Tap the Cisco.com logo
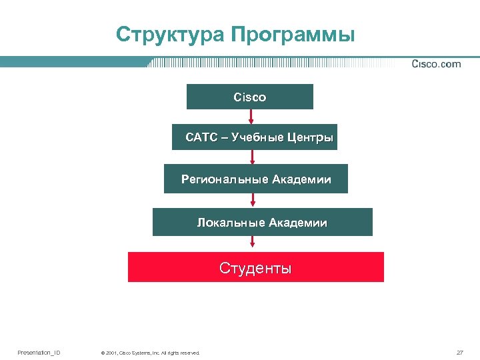[x=436, y=64]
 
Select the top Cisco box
[x=249, y=97]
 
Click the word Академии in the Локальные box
[x=298, y=222]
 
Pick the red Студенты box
[x=256, y=267]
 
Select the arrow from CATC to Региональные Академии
[x=253, y=157]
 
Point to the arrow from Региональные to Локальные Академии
[x=253, y=200]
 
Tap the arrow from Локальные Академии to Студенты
[x=253, y=243]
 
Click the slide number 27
[x=459, y=352]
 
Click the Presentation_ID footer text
[x=39, y=352]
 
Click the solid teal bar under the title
[x=73, y=62]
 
